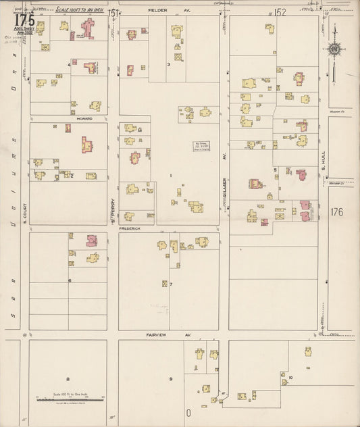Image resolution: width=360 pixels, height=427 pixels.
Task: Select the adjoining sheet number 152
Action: pos(280,11)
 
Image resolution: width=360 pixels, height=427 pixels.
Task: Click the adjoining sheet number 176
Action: pos(338,212)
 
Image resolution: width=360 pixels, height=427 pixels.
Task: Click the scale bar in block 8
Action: pos(70,400)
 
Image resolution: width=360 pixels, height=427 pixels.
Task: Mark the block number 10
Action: pos(290,377)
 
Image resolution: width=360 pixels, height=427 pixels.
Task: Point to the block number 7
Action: pos(171,284)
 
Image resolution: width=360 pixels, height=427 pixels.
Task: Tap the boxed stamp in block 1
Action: pos(201,145)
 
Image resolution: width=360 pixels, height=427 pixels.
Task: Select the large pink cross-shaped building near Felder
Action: pos(88,28)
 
